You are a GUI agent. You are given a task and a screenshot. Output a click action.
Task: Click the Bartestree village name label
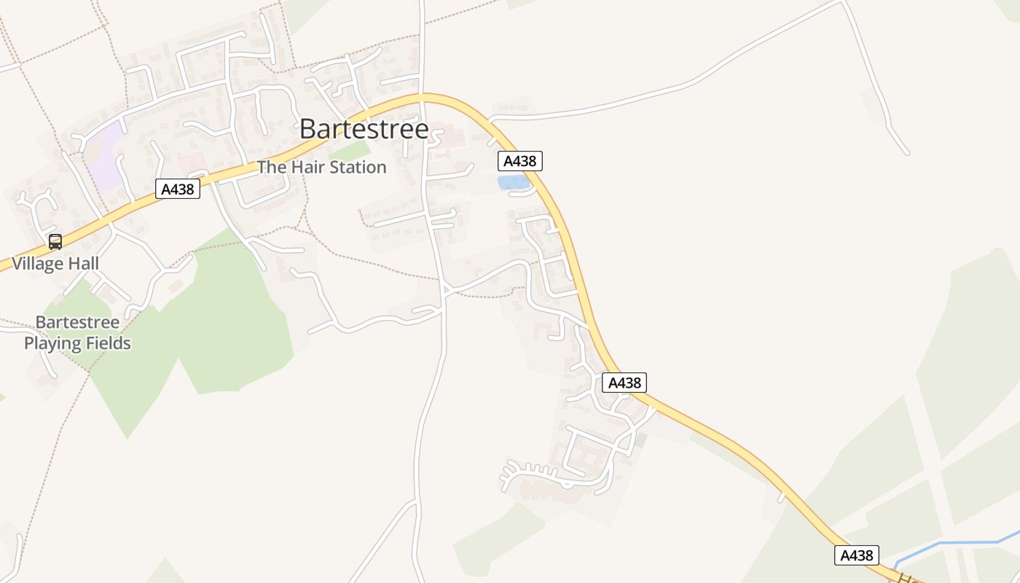coord(364,129)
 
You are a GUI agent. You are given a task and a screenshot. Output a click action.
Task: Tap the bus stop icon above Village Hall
coord(55,242)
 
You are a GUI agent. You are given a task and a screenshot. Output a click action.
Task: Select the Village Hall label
coord(55,263)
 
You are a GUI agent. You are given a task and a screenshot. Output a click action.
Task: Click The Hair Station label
coord(321,167)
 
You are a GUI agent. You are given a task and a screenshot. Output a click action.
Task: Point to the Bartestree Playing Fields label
coord(77,332)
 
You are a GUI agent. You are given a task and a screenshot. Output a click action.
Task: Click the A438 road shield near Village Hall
coord(178,189)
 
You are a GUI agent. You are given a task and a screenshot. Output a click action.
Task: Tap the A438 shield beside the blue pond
coord(520,161)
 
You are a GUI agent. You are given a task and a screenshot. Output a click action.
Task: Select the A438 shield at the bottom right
coord(857,555)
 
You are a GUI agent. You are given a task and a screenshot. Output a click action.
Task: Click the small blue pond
coord(513,182)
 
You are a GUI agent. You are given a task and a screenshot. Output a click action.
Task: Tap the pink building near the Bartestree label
coord(446,136)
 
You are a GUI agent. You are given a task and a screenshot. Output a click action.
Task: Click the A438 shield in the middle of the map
coord(624,383)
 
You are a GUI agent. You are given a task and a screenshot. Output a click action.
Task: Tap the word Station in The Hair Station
coord(357,167)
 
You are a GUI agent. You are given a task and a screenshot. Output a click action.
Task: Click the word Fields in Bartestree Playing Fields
coord(106,343)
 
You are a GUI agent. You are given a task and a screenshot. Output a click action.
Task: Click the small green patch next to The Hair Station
coord(354,151)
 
